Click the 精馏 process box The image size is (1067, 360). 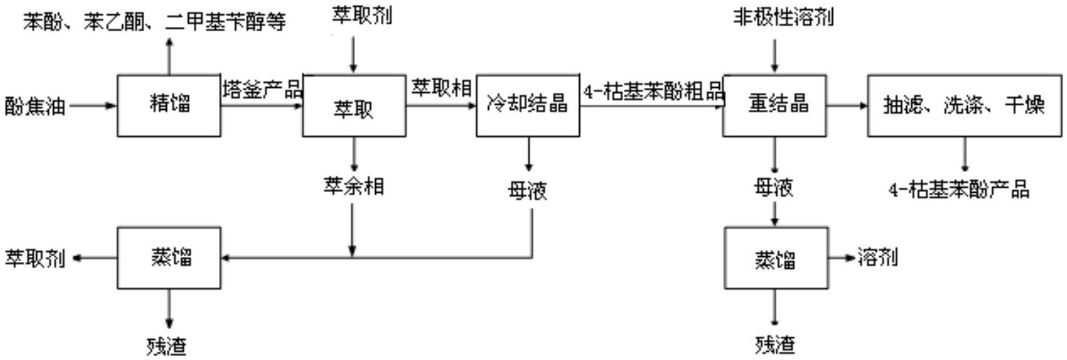click(x=169, y=105)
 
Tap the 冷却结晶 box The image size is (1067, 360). click(x=527, y=105)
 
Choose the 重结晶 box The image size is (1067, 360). click(x=774, y=105)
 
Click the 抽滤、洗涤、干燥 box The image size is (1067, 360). click(x=964, y=105)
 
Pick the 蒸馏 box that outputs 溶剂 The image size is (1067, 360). click(x=776, y=258)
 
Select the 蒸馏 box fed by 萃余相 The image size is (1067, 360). click(x=169, y=258)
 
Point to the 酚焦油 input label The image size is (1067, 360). click(x=35, y=106)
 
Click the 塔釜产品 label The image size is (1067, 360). click(x=262, y=89)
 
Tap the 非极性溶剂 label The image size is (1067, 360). click(x=783, y=18)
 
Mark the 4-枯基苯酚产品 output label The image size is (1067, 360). click(x=958, y=190)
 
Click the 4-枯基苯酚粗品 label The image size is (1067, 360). click(x=653, y=91)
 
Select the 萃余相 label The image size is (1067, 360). click(x=353, y=187)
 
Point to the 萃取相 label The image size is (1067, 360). click(x=441, y=88)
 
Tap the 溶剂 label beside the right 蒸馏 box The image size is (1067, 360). click(x=878, y=256)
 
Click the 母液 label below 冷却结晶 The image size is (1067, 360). click(x=527, y=190)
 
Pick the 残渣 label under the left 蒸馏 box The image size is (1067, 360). click(x=167, y=346)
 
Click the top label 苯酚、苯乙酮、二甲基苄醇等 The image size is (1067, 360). click(x=154, y=22)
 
